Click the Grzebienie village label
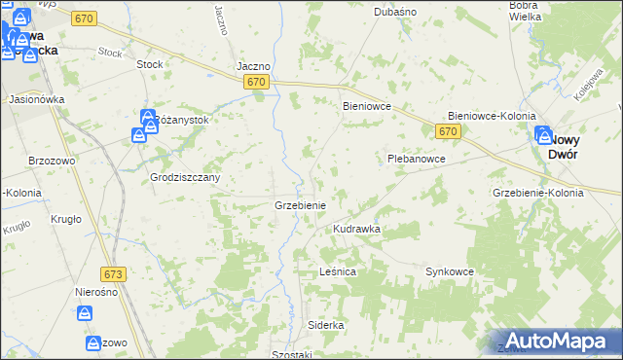tap(306, 206)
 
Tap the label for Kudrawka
tap(356, 229)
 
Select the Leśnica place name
tap(338, 272)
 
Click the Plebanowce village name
tap(416, 159)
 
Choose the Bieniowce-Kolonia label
tap(492, 116)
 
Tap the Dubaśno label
tap(395, 12)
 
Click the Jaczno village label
tap(253, 67)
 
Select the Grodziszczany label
tap(185, 178)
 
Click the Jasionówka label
tap(36, 99)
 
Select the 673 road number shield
tap(114, 276)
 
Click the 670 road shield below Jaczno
tap(256, 83)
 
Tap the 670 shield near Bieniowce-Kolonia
tap(448, 131)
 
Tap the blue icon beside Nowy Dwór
tap(541, 136)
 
